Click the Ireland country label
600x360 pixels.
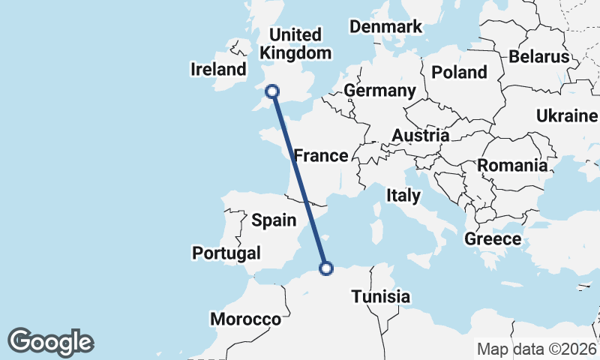click(219, 70)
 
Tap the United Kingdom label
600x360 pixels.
click(295, 43)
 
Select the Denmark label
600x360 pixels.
click(386, 27)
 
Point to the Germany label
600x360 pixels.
click(379, 91)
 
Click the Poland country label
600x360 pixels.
click(459, 72)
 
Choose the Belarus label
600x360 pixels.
click(538, 56)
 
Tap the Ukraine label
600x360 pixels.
click(566, 115)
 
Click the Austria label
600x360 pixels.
click(420, 136)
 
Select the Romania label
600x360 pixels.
click(512, 165)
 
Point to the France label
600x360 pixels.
click(321, 156)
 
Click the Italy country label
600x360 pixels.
click(403, 196)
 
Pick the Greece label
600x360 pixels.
click(493, 239)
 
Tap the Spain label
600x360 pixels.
click(273, 220)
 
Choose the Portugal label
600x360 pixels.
click(226, 253)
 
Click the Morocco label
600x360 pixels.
click(245, 319)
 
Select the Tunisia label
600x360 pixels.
click(381, 296)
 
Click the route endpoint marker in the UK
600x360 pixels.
click(272, 91)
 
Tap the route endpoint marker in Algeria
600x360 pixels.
click(326, 268)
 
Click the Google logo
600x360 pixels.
click(51, 342)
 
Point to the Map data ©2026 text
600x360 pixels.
click(535, 349)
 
